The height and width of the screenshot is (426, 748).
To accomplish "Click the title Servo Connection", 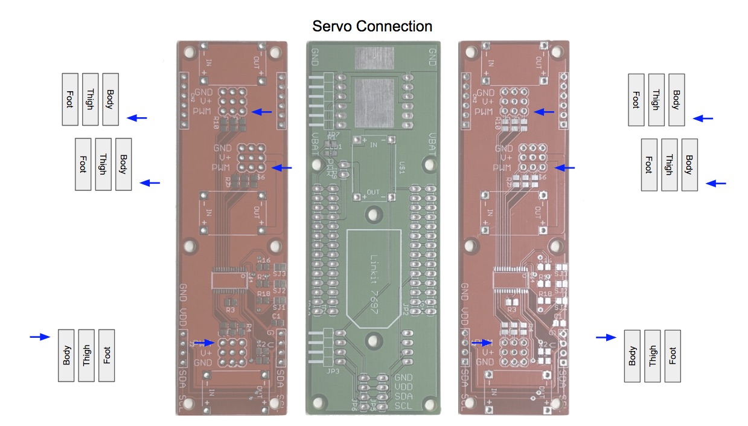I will pyautogui.click(x=372, y=27).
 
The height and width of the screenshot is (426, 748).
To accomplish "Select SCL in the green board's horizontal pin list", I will pyautogui.click(x=404, y=404).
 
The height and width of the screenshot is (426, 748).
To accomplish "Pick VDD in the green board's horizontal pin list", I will pyautogui.click(x=404, y=386).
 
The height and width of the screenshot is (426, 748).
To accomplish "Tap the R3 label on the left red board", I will pyautogui.click(x=230, y=309).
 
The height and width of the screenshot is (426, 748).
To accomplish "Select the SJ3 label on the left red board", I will pyautogui.click(x=279, y=274).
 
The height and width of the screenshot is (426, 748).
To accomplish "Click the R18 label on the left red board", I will pyautogui.click(x=263, y=294).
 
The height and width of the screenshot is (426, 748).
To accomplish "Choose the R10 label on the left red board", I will pyautogui.click(x=216, y=124).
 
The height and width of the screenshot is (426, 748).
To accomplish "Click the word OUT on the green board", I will pyautogui.click(x=374, y=192).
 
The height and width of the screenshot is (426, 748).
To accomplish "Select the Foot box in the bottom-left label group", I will pyautogui.click(x=106, y=355).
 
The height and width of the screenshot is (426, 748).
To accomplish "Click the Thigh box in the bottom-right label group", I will pyautogui.click(x=652, y=355).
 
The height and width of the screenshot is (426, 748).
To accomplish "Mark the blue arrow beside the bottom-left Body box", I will pyautogui.click(x=40, y=337).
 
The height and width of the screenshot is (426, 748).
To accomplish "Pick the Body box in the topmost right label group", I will pyautogui.click(x=676, y=100).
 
